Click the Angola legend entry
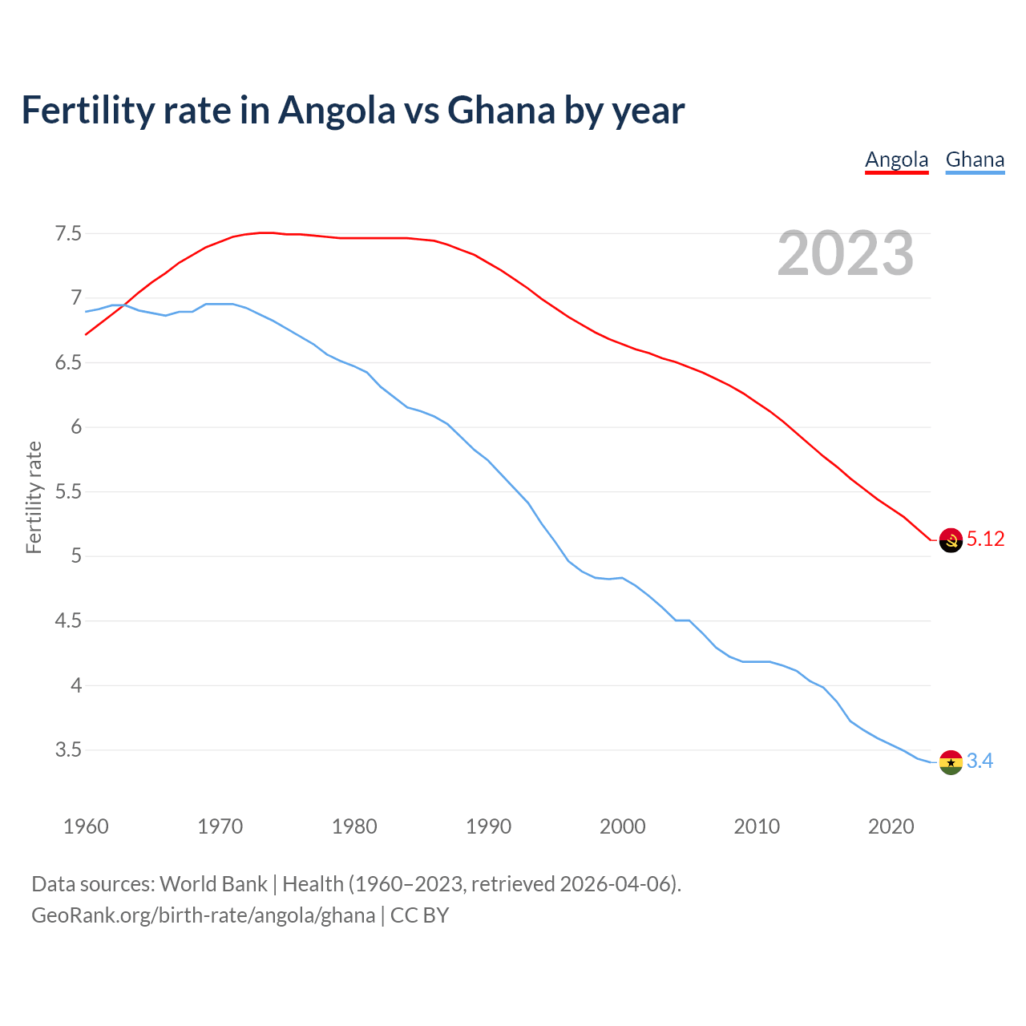(896, 160)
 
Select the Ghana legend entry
(975, 160)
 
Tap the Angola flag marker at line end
(951, 540)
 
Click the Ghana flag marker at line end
(951, 762)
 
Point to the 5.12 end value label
(985, 539)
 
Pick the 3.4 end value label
(980, 761)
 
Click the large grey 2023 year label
(845, 253)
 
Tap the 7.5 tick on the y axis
(68, 234)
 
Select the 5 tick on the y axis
(76, 556)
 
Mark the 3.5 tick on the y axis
(68, 750)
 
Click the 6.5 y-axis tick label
(68, 363)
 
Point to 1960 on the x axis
(86, 826)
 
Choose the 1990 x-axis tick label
(488, 826)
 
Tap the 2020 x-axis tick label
(891, 826)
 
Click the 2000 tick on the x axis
(622, 826)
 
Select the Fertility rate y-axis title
(34, 497)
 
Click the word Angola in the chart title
(337, 111)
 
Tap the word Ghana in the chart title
(501, 111)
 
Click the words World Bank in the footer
(213, 884)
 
